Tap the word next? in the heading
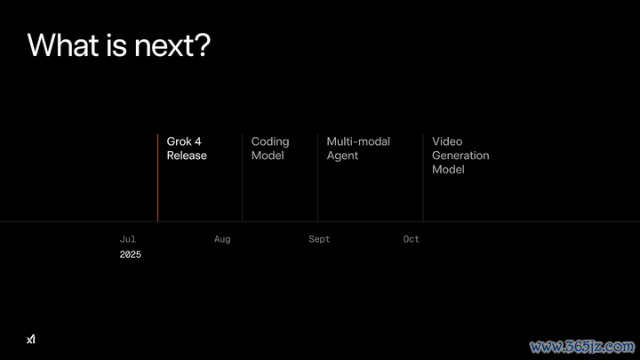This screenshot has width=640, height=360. click(x=172, y=45)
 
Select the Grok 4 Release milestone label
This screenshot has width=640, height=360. click(x=187, y=148)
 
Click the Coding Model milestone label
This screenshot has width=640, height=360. click(x=270, y=148)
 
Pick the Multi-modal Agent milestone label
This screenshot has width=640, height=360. click(x=358, y=148)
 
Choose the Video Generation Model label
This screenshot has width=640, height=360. click(x=460, y=156)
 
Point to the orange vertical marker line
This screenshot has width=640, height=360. click(x=157, y=178)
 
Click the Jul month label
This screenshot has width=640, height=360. click(x=128, y=239)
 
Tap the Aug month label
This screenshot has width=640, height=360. click(x=222, y=239)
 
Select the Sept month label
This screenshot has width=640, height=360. click(x=319, y=239)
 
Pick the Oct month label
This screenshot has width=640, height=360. click(x=411, y=239)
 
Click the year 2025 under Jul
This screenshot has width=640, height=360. click(x=130, y=255)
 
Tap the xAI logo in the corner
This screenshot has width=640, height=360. click(x=31, y=340)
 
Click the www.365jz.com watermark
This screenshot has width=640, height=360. click(x=582, y=347)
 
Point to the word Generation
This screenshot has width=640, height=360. click(x=460, y=156)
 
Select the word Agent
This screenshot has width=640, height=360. click(x=342, y=156)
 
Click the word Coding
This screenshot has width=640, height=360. click(x=270, y=142)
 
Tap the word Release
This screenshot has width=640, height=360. click(x=187, y=156)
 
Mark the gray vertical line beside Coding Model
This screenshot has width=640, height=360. click(x=243, y=178)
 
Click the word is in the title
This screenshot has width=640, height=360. click(x=116, y=44)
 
